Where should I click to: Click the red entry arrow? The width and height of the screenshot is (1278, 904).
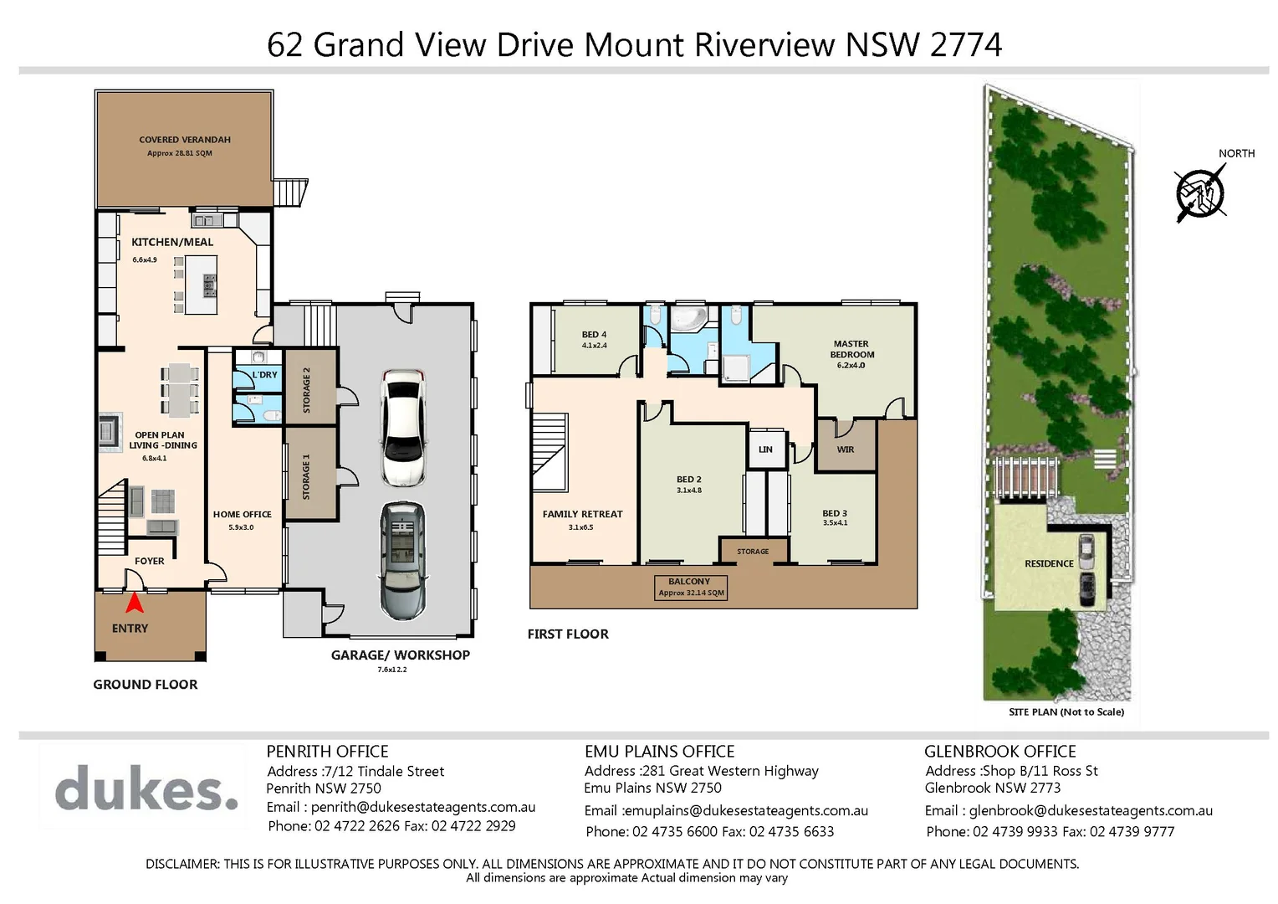pos(134,602)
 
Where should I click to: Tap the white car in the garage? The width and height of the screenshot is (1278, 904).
pos(402,427)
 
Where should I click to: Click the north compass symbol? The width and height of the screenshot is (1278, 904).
pos(1200,193)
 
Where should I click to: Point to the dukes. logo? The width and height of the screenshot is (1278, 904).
pos(146,788)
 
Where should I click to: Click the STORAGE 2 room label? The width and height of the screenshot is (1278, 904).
pos(306,390)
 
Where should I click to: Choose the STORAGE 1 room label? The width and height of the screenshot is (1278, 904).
pos(306,477)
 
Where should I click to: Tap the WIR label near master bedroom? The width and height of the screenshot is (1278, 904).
pos(846,449)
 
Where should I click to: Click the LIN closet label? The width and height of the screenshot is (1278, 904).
pos(765,449)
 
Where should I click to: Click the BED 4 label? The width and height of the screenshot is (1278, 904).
pos(594,335)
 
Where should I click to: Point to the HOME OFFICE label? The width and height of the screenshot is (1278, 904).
pos(242,515)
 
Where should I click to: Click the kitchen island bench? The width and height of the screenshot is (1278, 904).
pos(201,285)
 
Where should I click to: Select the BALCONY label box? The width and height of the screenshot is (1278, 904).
pos(690,587)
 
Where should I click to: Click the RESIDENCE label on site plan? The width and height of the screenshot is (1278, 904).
pos(1049,564)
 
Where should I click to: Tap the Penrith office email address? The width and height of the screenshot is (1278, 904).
pos(422,808)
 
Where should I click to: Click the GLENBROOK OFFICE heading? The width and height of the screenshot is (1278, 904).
pos(999,752)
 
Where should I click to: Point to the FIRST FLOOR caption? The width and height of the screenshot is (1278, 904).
pos(568,634)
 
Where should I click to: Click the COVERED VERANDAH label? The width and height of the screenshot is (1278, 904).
pos(185,140)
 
